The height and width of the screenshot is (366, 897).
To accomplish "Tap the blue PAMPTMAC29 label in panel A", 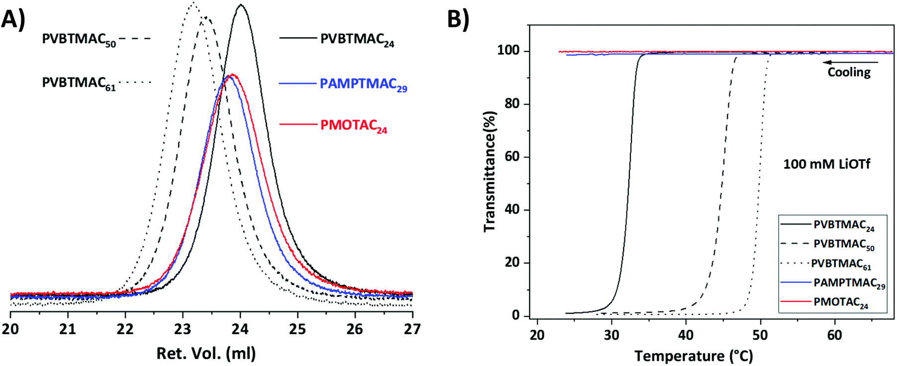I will point(363,84).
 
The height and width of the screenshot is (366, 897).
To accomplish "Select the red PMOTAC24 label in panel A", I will point(354,126).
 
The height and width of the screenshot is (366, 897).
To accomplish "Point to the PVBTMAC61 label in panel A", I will point(79,83).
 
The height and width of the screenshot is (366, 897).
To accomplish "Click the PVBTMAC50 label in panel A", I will point(79,40).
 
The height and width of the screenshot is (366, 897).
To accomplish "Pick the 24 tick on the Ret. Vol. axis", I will point(240,329).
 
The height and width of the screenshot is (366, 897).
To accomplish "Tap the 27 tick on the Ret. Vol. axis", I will point(412,329).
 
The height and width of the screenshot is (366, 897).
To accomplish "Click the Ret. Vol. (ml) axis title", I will point(206,353).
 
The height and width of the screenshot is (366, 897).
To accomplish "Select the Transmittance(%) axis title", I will point(489,171).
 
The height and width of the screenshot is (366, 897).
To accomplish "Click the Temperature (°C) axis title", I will point(693,356).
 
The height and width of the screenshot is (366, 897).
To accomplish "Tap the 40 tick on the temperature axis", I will point(686,335).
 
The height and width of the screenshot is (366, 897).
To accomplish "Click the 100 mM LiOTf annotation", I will point(826,164).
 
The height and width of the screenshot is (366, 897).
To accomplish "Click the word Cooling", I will point(849,73).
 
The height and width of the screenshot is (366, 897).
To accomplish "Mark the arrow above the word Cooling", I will point(850,63).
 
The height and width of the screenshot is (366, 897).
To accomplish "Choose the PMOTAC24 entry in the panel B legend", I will point(840,302).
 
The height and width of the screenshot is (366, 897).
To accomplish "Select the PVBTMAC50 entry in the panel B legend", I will point(843,244).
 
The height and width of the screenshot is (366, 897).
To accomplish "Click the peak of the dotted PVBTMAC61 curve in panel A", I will point(192,3).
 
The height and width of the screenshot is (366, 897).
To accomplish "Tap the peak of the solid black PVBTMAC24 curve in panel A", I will point(241,5).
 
